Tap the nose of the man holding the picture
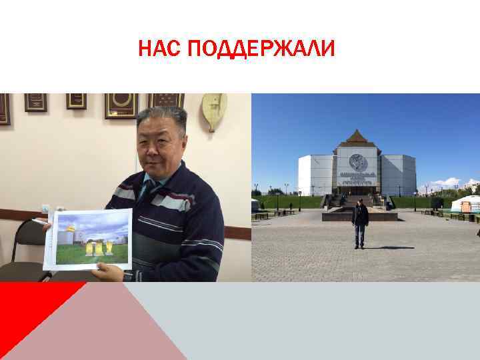pos(159,142)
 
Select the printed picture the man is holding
pos(88,239)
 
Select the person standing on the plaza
pos(360,223)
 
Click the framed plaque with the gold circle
pos(121,105)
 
